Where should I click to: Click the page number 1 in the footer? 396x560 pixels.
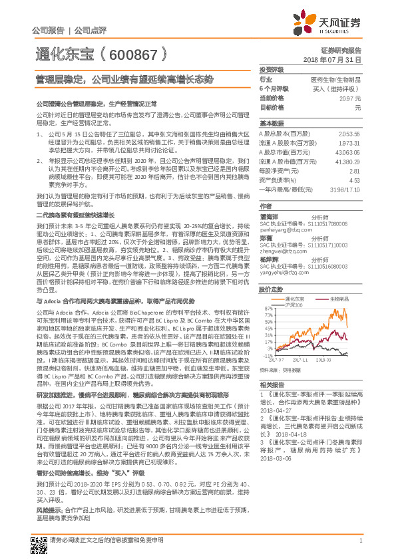pyautogui.click(x=359, y=547)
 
